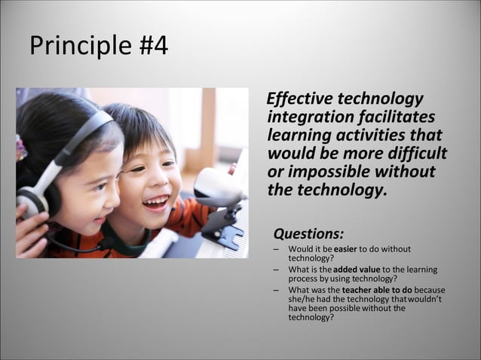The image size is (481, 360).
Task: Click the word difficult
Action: click(x=415, y=154)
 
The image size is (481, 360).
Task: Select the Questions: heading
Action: click(x=308, y=233)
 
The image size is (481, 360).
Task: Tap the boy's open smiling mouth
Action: click(x=156, y=202)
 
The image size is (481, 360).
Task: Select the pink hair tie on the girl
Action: click(x=20, y=148)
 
